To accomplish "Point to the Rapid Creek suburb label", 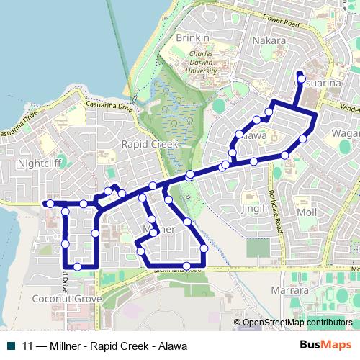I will pos(150,144).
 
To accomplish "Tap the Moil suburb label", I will pos(306,214).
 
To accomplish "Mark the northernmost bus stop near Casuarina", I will pos(301,78).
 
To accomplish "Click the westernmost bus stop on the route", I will pos(50,204).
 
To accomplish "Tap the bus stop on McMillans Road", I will pos(186,266).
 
